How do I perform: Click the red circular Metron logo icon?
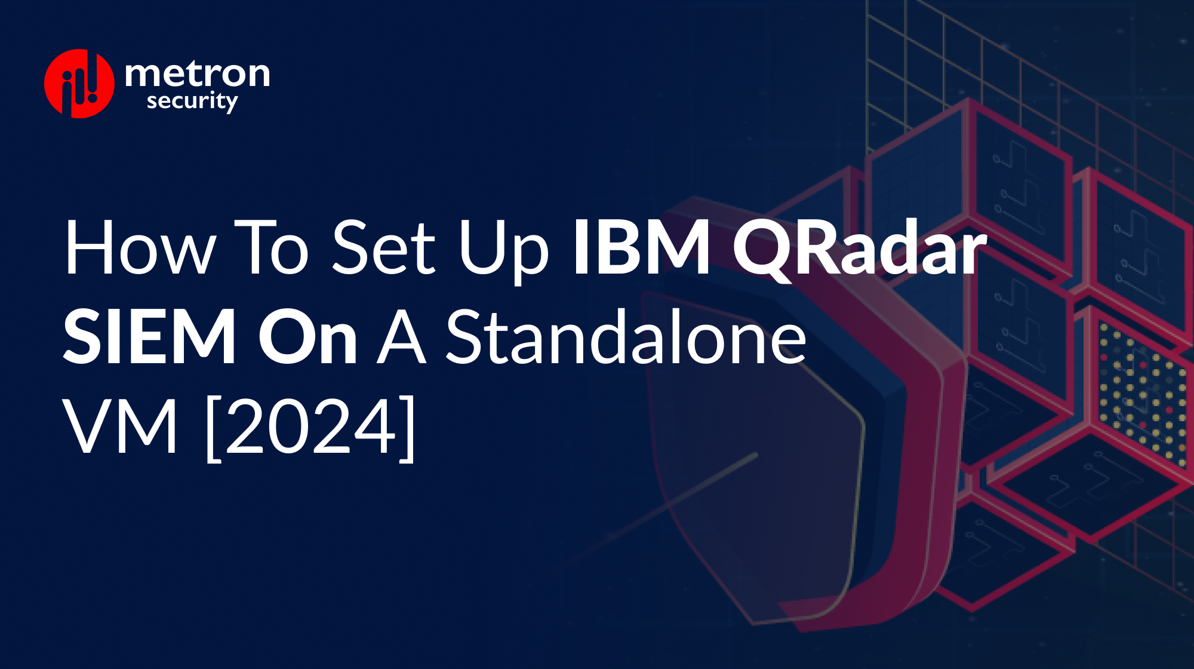(79, 84)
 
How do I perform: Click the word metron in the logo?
(197, 73)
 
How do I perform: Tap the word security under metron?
(192, 102)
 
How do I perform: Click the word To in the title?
(271, 248)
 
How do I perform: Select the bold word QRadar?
(860, 248)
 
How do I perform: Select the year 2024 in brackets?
(310, 426)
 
